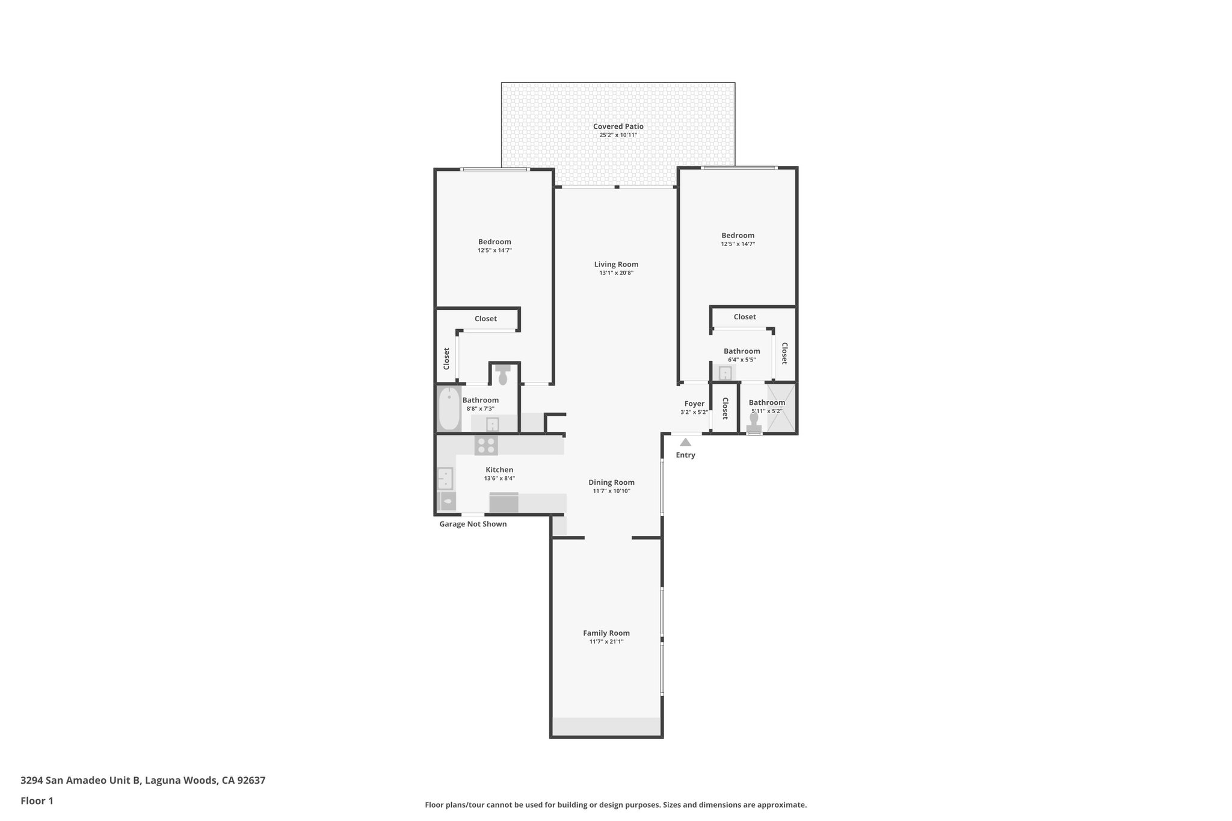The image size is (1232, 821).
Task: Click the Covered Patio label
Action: (618, 126)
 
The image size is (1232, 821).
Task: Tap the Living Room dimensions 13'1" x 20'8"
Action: (616, 273)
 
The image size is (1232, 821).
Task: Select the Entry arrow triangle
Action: (685, 442)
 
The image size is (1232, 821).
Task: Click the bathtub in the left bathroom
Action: (448, 409)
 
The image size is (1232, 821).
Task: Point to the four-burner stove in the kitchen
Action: (486, 446)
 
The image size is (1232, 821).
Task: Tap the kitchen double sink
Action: (445, 479)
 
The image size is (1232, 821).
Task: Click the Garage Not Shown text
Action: (473, 524)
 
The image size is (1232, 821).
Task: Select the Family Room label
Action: (606, 633)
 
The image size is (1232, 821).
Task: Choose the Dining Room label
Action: (611, 482)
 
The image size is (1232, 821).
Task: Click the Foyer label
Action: (694, 404)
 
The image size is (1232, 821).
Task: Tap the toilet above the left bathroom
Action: (503, 376)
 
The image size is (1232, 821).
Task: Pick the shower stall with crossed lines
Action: (781, 408)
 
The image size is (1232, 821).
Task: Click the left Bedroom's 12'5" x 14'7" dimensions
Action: (494, 250)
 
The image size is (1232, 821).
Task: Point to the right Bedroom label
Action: (738, 235)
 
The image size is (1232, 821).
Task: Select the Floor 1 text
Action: (37, 801)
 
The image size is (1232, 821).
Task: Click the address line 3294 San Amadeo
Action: (143, 780)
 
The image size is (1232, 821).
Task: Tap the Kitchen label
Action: (499, 470)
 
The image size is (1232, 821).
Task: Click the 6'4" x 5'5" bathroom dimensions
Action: (741, 360)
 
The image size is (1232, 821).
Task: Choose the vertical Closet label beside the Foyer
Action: (725, 408)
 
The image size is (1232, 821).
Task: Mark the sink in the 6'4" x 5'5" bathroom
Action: (725, 374)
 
